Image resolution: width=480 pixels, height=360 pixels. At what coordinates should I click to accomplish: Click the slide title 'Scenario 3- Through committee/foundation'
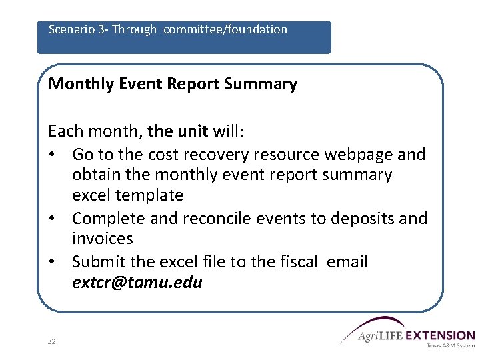tap(168, 30)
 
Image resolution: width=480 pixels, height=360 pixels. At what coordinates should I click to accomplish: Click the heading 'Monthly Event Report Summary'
tap(173, 84)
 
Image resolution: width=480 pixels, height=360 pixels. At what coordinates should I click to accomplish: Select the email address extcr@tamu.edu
tap(137, 283)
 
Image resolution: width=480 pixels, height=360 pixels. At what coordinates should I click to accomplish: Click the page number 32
tap(52, 341)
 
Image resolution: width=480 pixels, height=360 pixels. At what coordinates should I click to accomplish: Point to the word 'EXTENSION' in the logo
tap(440, 335)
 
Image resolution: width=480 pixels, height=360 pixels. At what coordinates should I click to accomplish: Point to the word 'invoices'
tap(102, 239)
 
